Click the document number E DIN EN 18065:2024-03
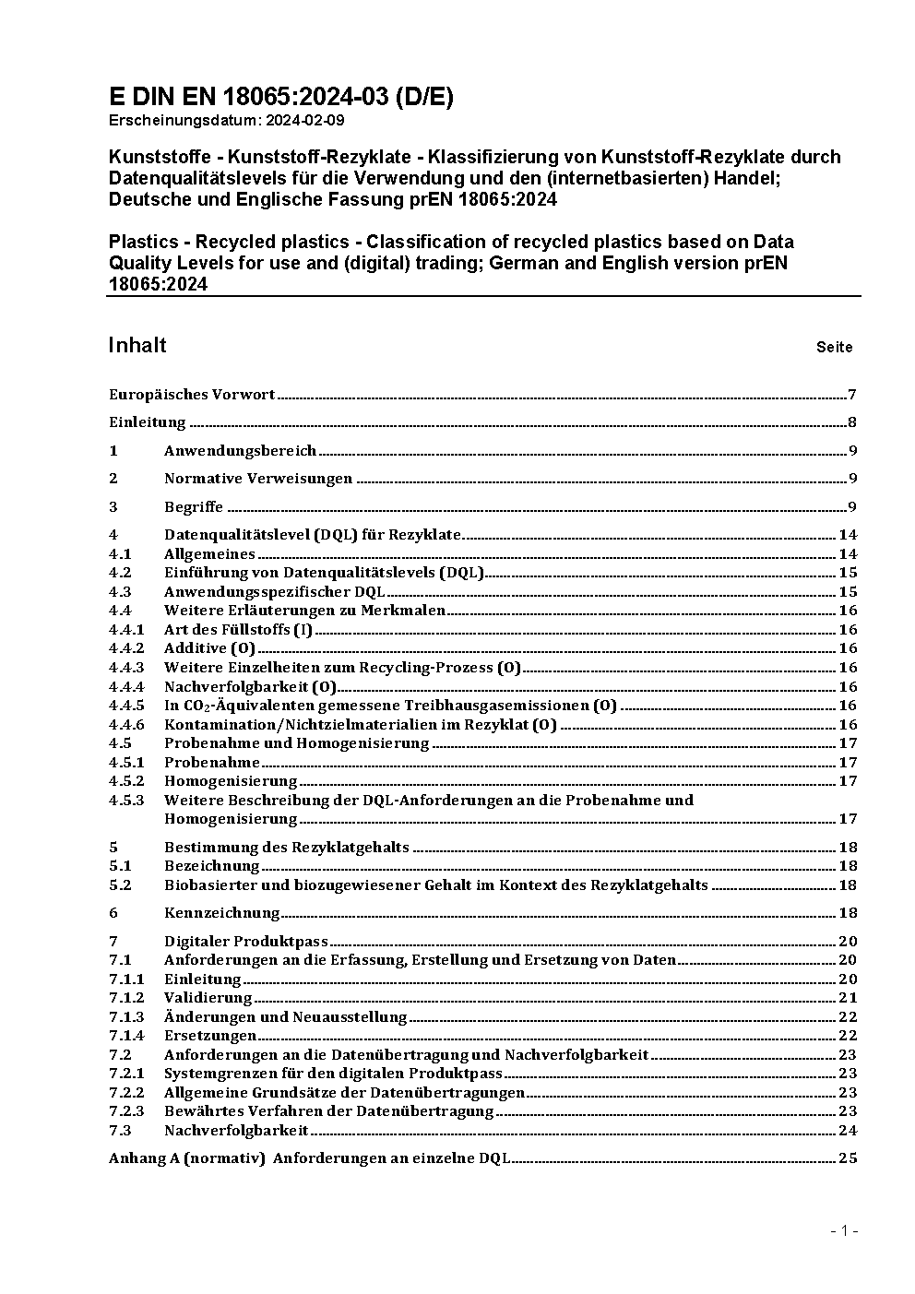[x=281, y=97]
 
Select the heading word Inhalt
[x=137, y=345]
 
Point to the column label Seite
[x=834, y=348]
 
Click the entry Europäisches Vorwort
[x=192, y=395]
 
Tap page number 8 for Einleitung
[x=852, y=423]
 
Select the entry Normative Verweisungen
[x=258, y=479]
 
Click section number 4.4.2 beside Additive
[x=126, y=648]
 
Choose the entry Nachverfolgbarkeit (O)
[x=250, y=686]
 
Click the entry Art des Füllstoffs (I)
[x=239, y=630]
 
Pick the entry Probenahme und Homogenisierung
[x=296, y=743]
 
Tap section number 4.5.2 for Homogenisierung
[x=126, y=781]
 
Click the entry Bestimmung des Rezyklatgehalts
[x=286, y=847]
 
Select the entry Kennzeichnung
[x=221, y=913]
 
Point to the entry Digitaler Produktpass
[x=245, y=942]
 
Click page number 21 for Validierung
[x=848, y=998]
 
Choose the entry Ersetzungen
[x=210, y=1036]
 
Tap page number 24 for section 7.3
[x=848, y=1131]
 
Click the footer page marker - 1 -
[x=844, y=1230]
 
